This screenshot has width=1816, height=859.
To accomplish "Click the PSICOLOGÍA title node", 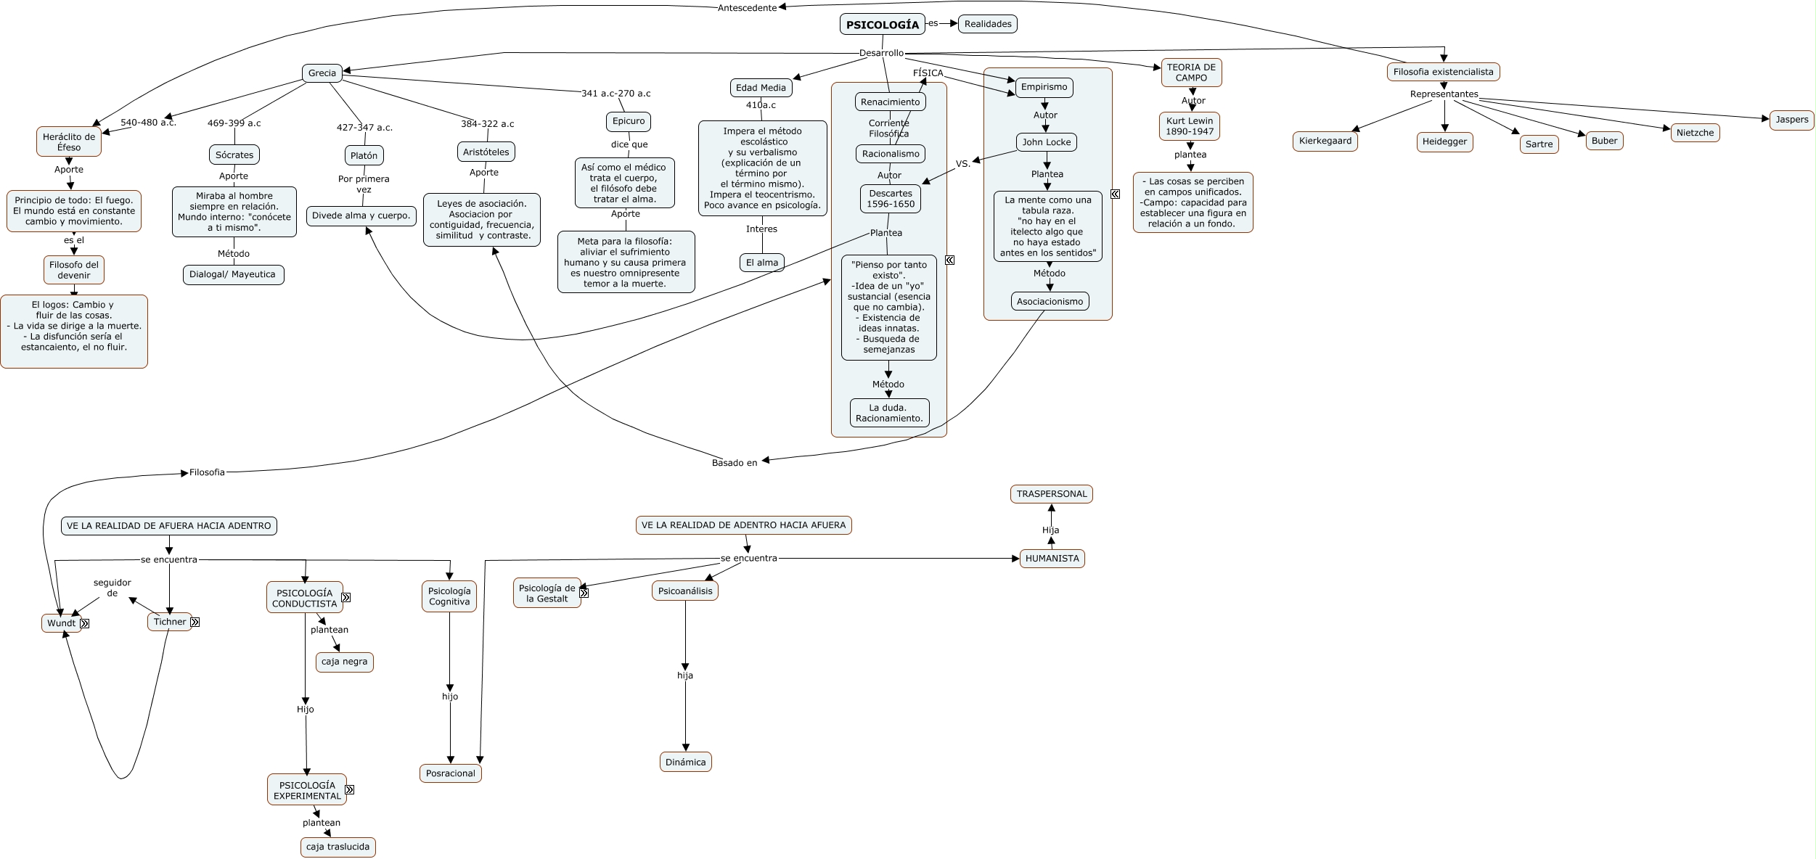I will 882,25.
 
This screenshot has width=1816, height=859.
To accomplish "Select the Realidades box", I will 987,24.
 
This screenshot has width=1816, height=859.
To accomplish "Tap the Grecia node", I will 322,73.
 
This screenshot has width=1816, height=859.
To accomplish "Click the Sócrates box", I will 234,155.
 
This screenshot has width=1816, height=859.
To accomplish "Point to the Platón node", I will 364,155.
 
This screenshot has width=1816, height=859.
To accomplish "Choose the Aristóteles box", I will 486,152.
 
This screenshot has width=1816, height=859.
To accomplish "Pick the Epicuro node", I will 628,121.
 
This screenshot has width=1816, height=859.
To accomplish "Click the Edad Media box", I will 761,88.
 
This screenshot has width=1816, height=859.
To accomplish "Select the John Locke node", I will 1046,142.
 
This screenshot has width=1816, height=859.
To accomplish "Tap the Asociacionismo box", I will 1050,302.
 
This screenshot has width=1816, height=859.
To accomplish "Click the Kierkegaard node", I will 1325,141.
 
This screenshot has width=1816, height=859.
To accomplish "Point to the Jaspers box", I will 1791,120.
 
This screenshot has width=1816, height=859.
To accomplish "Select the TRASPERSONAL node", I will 1051,494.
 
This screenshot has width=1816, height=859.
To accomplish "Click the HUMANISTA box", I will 1052,559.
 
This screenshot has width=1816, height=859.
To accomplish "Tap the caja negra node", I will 344,662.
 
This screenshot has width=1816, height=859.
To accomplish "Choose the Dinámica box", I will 685,762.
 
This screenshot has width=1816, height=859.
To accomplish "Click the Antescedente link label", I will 747,8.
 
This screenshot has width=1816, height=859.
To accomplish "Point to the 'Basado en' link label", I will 734,463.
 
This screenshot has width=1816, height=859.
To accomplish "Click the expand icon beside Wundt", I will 85,623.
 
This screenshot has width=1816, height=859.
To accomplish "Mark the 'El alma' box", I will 761,263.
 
